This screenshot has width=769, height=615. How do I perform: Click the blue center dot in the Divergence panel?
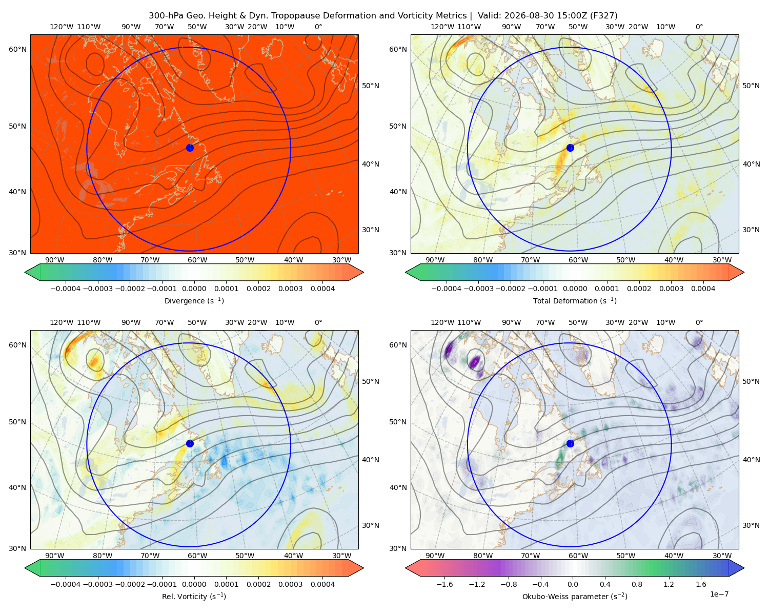click(x=190, y=148)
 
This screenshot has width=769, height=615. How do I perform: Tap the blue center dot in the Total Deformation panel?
click(x=570, y=148)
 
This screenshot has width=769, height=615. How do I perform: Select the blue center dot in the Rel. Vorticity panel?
click(x=190, y=443)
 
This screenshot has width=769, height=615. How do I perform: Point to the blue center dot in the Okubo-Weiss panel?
click(x=570, y=443)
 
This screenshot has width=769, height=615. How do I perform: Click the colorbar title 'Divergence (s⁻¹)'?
click(x=194, y=300)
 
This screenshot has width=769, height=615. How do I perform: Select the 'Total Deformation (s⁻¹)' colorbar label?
click(x=575, y=300)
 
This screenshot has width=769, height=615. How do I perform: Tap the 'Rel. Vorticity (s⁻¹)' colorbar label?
click(x=194, y=596)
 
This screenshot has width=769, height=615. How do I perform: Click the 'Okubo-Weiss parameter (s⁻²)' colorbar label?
click(x=575, y=596)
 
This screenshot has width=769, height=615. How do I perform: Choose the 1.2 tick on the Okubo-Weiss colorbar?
click(x=669, y=584)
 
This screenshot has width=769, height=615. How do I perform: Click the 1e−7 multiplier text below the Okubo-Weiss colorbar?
click(x=719, y=594)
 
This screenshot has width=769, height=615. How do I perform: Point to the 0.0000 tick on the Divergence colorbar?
click(x=194, y=289)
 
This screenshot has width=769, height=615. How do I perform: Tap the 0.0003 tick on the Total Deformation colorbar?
click(x=671, y=289)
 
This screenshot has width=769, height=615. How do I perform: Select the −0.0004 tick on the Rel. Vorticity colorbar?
click(x=66, y=584)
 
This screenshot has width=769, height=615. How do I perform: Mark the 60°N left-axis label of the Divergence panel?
click(x=17, y=49)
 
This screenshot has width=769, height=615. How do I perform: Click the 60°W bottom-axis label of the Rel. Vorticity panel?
click(x=197, y=556)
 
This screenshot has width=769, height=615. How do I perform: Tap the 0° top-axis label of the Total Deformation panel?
click(x=699, y=27)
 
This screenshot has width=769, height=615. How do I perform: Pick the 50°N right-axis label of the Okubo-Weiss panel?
click(x=751, y=381)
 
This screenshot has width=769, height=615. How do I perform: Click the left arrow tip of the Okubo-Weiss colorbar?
click(x=406, y=568)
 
